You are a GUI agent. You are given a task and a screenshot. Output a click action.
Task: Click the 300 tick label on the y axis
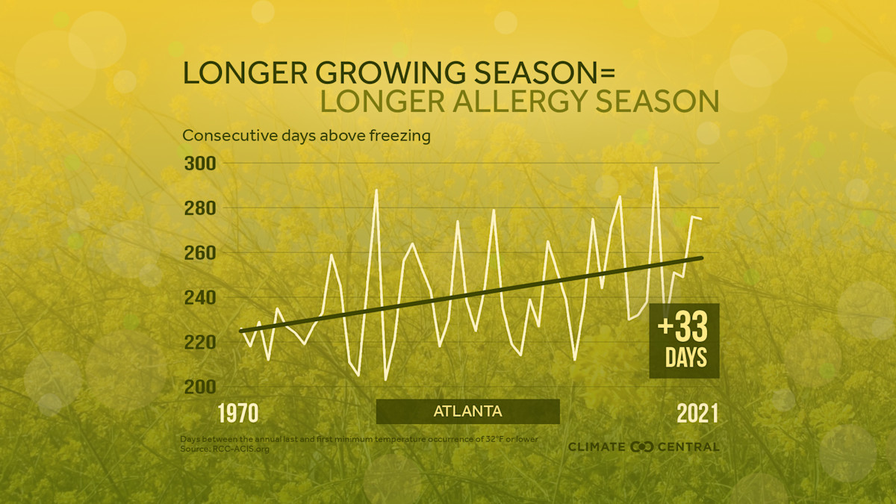(199, 163)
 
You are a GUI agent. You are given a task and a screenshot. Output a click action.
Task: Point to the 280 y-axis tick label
(199, 208)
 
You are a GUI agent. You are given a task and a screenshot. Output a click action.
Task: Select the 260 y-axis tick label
(199, 252)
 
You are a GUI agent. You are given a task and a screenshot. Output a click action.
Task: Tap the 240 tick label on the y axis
(199, 297)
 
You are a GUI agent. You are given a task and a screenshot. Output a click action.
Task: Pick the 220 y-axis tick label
(199, 342)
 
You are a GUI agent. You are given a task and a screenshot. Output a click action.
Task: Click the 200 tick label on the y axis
(199, 387)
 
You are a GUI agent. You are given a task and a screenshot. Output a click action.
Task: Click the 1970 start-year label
(237, 413)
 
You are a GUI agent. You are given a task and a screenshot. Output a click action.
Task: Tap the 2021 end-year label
(697, 413)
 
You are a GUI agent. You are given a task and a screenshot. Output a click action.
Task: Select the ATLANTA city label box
(467, 411)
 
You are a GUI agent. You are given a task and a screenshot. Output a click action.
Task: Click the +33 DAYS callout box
(684, 340)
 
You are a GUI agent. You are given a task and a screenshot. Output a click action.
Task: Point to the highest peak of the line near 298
(656, 167)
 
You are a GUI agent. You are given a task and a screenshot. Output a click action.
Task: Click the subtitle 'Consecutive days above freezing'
(306, 136)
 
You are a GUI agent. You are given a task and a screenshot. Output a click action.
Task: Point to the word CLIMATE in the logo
(597, 447)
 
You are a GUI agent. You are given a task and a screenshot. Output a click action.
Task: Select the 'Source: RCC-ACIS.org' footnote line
(225, 449)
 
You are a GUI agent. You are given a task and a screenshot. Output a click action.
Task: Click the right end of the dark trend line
(702, 258)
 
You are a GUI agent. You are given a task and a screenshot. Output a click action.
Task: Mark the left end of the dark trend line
(240, 330)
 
